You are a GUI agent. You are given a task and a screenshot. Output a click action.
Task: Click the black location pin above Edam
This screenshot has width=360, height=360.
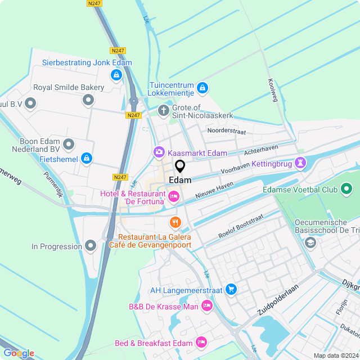click(x=180, y=166)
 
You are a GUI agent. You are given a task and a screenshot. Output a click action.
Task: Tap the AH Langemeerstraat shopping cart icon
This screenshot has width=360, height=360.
click(x=231, y=289)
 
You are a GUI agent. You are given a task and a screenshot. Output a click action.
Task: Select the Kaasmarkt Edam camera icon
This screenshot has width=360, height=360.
click(x=159, y=152)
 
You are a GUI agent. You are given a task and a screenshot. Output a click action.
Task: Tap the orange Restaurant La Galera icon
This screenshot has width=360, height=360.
click(x=175, y=223)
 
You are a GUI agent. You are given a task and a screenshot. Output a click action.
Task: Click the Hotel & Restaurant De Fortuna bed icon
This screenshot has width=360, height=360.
click(x=173, y=196)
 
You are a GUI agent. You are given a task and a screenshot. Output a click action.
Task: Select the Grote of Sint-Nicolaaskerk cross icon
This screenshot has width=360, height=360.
click(x=164, y=110)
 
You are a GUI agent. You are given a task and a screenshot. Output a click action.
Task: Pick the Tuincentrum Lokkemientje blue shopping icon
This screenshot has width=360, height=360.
click(x=202, y=88)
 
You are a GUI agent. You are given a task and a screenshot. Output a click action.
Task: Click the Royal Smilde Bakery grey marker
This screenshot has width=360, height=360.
click(x=88, y=100)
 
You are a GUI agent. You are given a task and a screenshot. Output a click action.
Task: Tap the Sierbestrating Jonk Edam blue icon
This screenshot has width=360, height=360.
click(x=116, y=74)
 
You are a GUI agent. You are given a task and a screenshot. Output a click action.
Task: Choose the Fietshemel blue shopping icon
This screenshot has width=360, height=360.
click(x=86, y=159)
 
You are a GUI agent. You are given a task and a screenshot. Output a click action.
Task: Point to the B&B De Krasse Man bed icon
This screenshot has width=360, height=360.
click(x=207, y=305)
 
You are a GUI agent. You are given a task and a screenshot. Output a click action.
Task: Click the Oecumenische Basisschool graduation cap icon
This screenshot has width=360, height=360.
click(x=309, y=242)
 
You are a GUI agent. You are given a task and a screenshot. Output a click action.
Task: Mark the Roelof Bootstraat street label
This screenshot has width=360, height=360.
click(x=241, y=226)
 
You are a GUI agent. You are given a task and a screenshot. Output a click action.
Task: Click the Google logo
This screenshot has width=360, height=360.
click(x=19, y=353)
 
